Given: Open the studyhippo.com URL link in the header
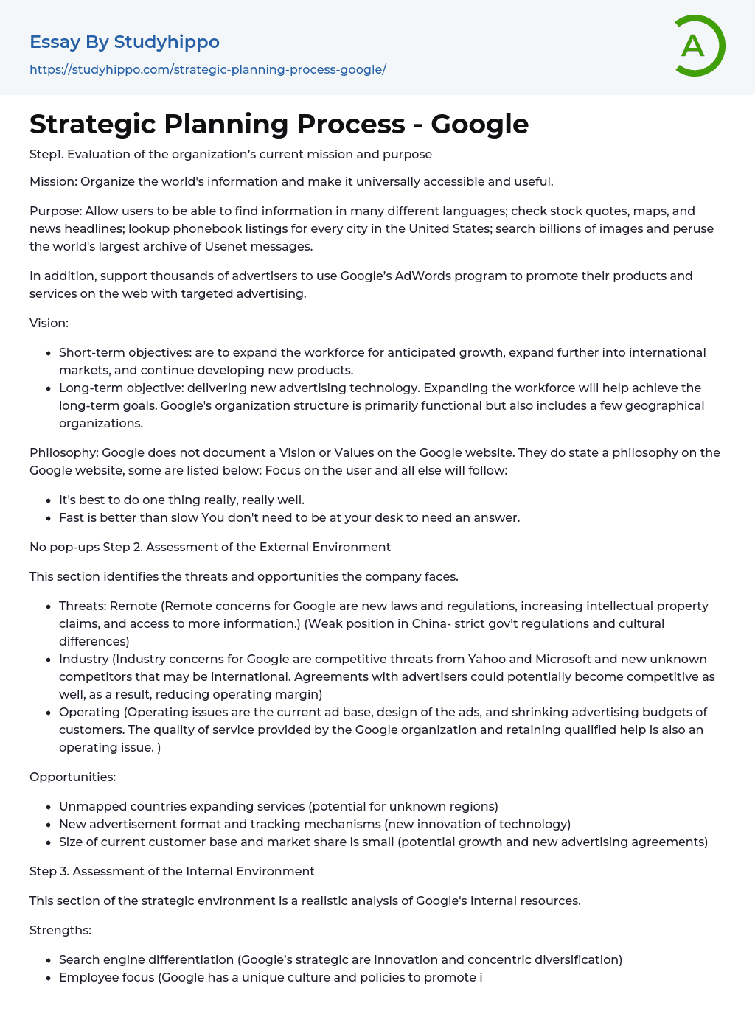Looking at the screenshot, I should point(208,69).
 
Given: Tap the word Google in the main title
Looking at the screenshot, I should point(479,124).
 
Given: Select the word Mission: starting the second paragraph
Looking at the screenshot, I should point(53,181).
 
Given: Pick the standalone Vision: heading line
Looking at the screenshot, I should point(49,323).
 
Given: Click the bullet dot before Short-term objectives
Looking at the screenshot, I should point(49,353).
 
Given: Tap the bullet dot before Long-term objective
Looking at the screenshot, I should point(49,388).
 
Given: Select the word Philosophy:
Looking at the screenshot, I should point(63,452).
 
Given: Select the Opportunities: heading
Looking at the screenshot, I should point(72,777).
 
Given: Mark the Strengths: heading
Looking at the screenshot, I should point(60,930).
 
